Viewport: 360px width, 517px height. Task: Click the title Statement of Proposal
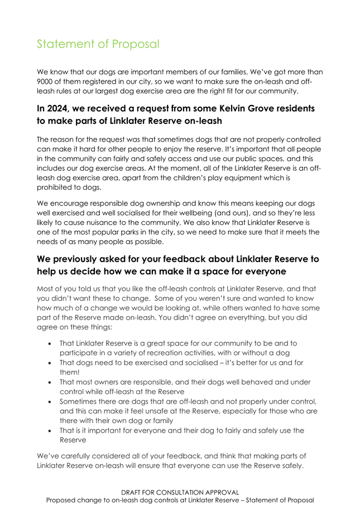[98, 44]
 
